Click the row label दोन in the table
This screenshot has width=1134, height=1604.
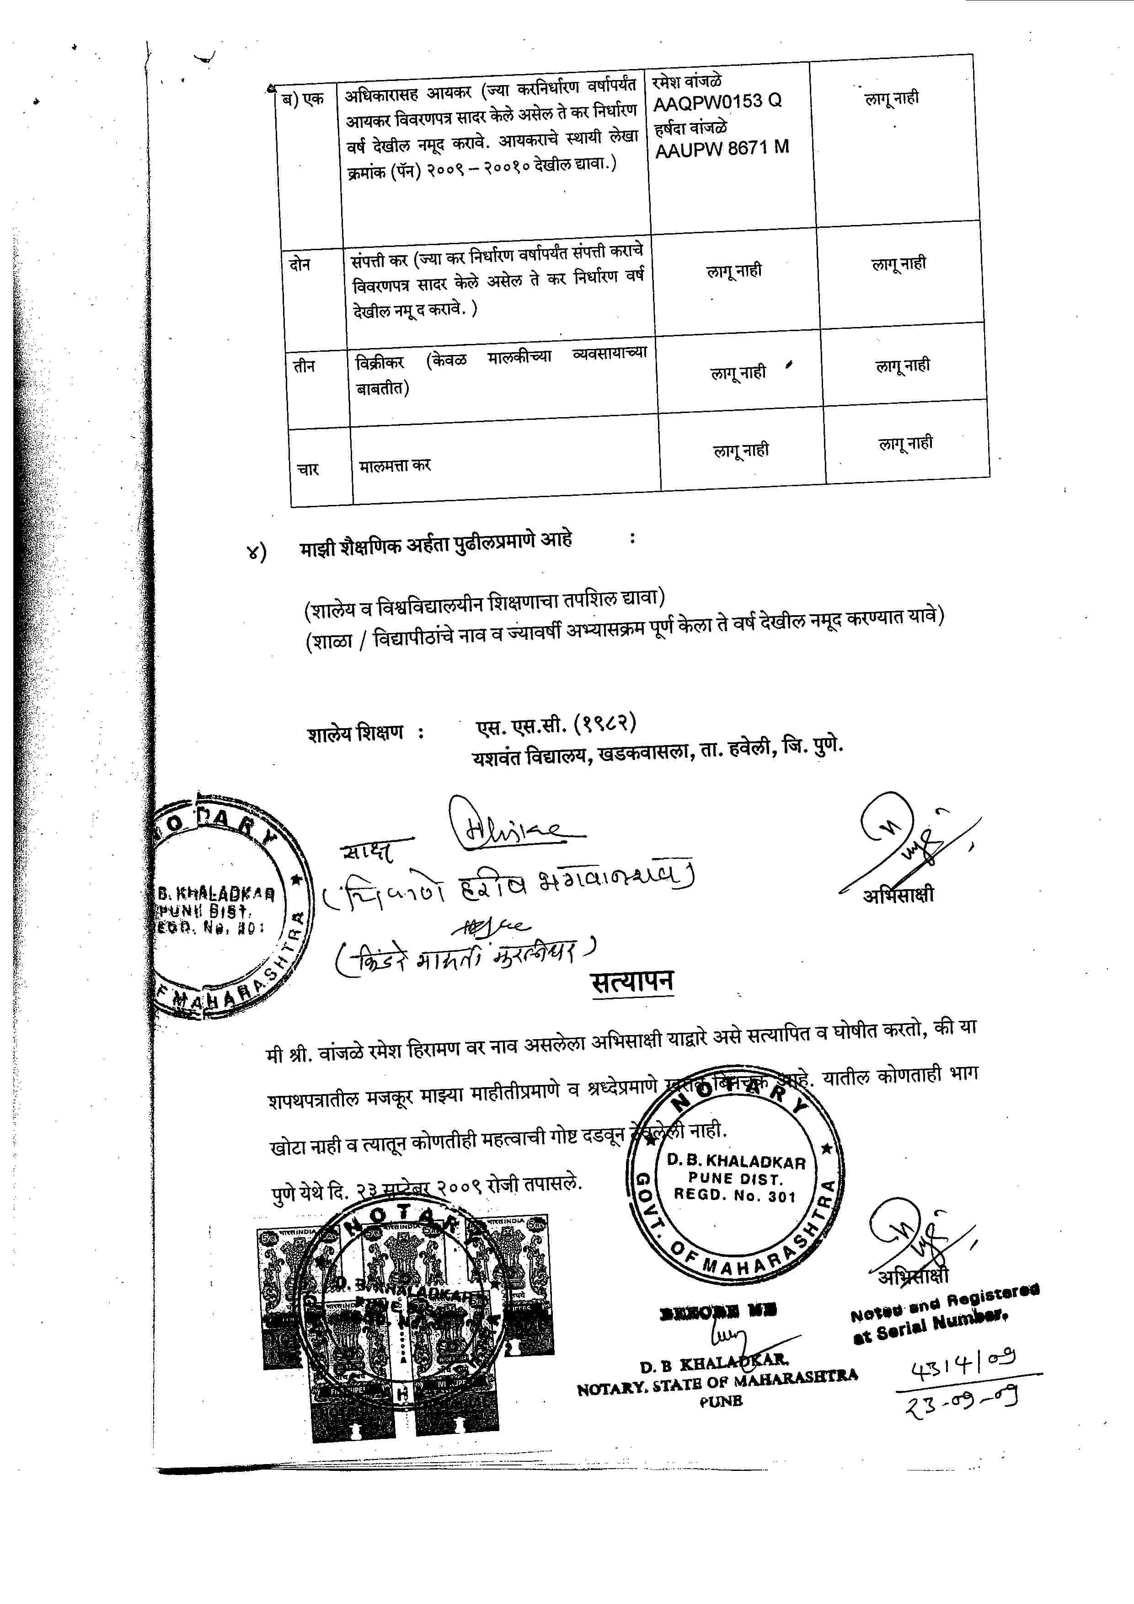[300, 264]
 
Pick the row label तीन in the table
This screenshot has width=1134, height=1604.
[304, 366]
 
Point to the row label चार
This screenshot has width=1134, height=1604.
[308, 469]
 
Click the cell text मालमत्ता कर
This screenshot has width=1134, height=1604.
[395, 465]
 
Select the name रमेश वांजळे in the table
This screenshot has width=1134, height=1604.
[687, 81]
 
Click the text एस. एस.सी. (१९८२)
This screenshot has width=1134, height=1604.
[556, 724]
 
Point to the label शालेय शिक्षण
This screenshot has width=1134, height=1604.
[356, 734]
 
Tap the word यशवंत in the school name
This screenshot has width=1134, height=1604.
[497, 757]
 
